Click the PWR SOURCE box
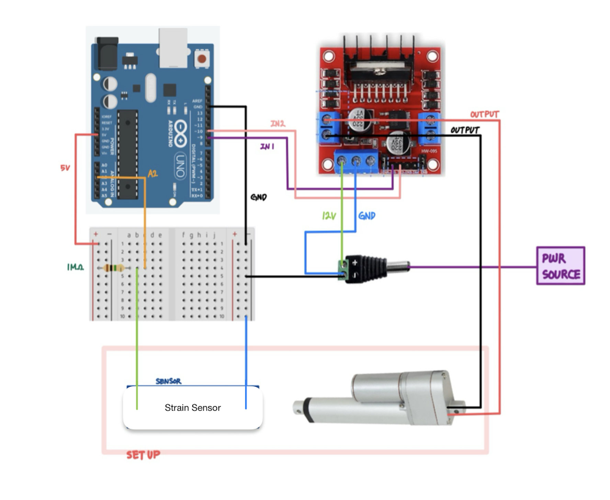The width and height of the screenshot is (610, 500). click(560, 265)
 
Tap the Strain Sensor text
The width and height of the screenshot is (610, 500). click(192, 408)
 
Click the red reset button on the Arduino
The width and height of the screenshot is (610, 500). click(202, 59)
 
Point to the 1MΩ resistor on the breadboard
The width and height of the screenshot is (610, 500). click(114, 268)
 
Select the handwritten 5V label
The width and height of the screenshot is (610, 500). click(65, 168)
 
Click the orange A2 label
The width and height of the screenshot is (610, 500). click(152, 174)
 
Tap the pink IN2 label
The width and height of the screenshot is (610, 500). click(278, 124)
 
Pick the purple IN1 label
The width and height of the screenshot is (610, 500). click(267, 147)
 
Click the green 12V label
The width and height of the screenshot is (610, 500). click(329, 216)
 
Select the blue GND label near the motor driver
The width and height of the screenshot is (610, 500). click(366, 216)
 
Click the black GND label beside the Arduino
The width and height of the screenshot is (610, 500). click(258, 197)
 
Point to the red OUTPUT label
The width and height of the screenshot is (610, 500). click(484, 114)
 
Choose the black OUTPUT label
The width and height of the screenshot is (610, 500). click(465, 130)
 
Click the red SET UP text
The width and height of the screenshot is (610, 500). click(143, 455)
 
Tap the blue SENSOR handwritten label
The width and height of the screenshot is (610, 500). click(168, 381)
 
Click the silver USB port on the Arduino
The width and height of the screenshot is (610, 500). click(173, 48)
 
